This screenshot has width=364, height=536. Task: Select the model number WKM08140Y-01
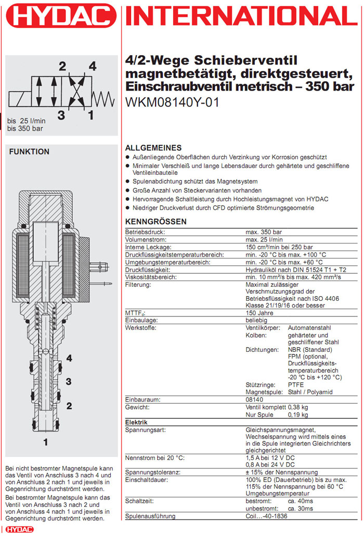point(173,103)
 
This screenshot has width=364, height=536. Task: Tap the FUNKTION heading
point(30,152)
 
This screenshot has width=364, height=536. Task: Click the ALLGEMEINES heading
point(153,148)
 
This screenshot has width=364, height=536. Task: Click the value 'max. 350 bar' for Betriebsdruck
point(264,232)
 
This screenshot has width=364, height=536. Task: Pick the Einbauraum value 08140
point(255,399)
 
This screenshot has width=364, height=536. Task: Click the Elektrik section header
point(137,423)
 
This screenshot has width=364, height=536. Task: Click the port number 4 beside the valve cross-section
point(69,358)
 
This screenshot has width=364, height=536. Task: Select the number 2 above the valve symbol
point(62,66)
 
